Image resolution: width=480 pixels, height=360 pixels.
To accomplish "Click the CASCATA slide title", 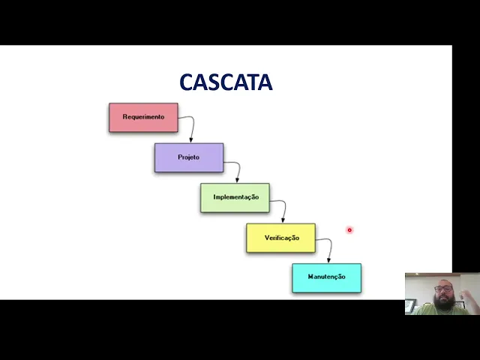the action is [226, 82].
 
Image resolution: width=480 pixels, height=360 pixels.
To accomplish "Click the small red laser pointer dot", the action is [349, 230].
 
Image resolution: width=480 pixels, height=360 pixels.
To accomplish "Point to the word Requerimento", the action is [143, 117].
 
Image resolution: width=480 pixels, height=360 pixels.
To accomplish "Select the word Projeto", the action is [189, 157].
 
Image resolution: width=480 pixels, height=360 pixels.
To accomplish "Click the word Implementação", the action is [235, 197].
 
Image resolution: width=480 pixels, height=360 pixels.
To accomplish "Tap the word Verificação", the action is [281, 238].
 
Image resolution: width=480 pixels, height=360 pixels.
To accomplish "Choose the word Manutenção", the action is [326, 277].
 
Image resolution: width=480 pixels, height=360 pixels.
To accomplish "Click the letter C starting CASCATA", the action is [187, 82].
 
